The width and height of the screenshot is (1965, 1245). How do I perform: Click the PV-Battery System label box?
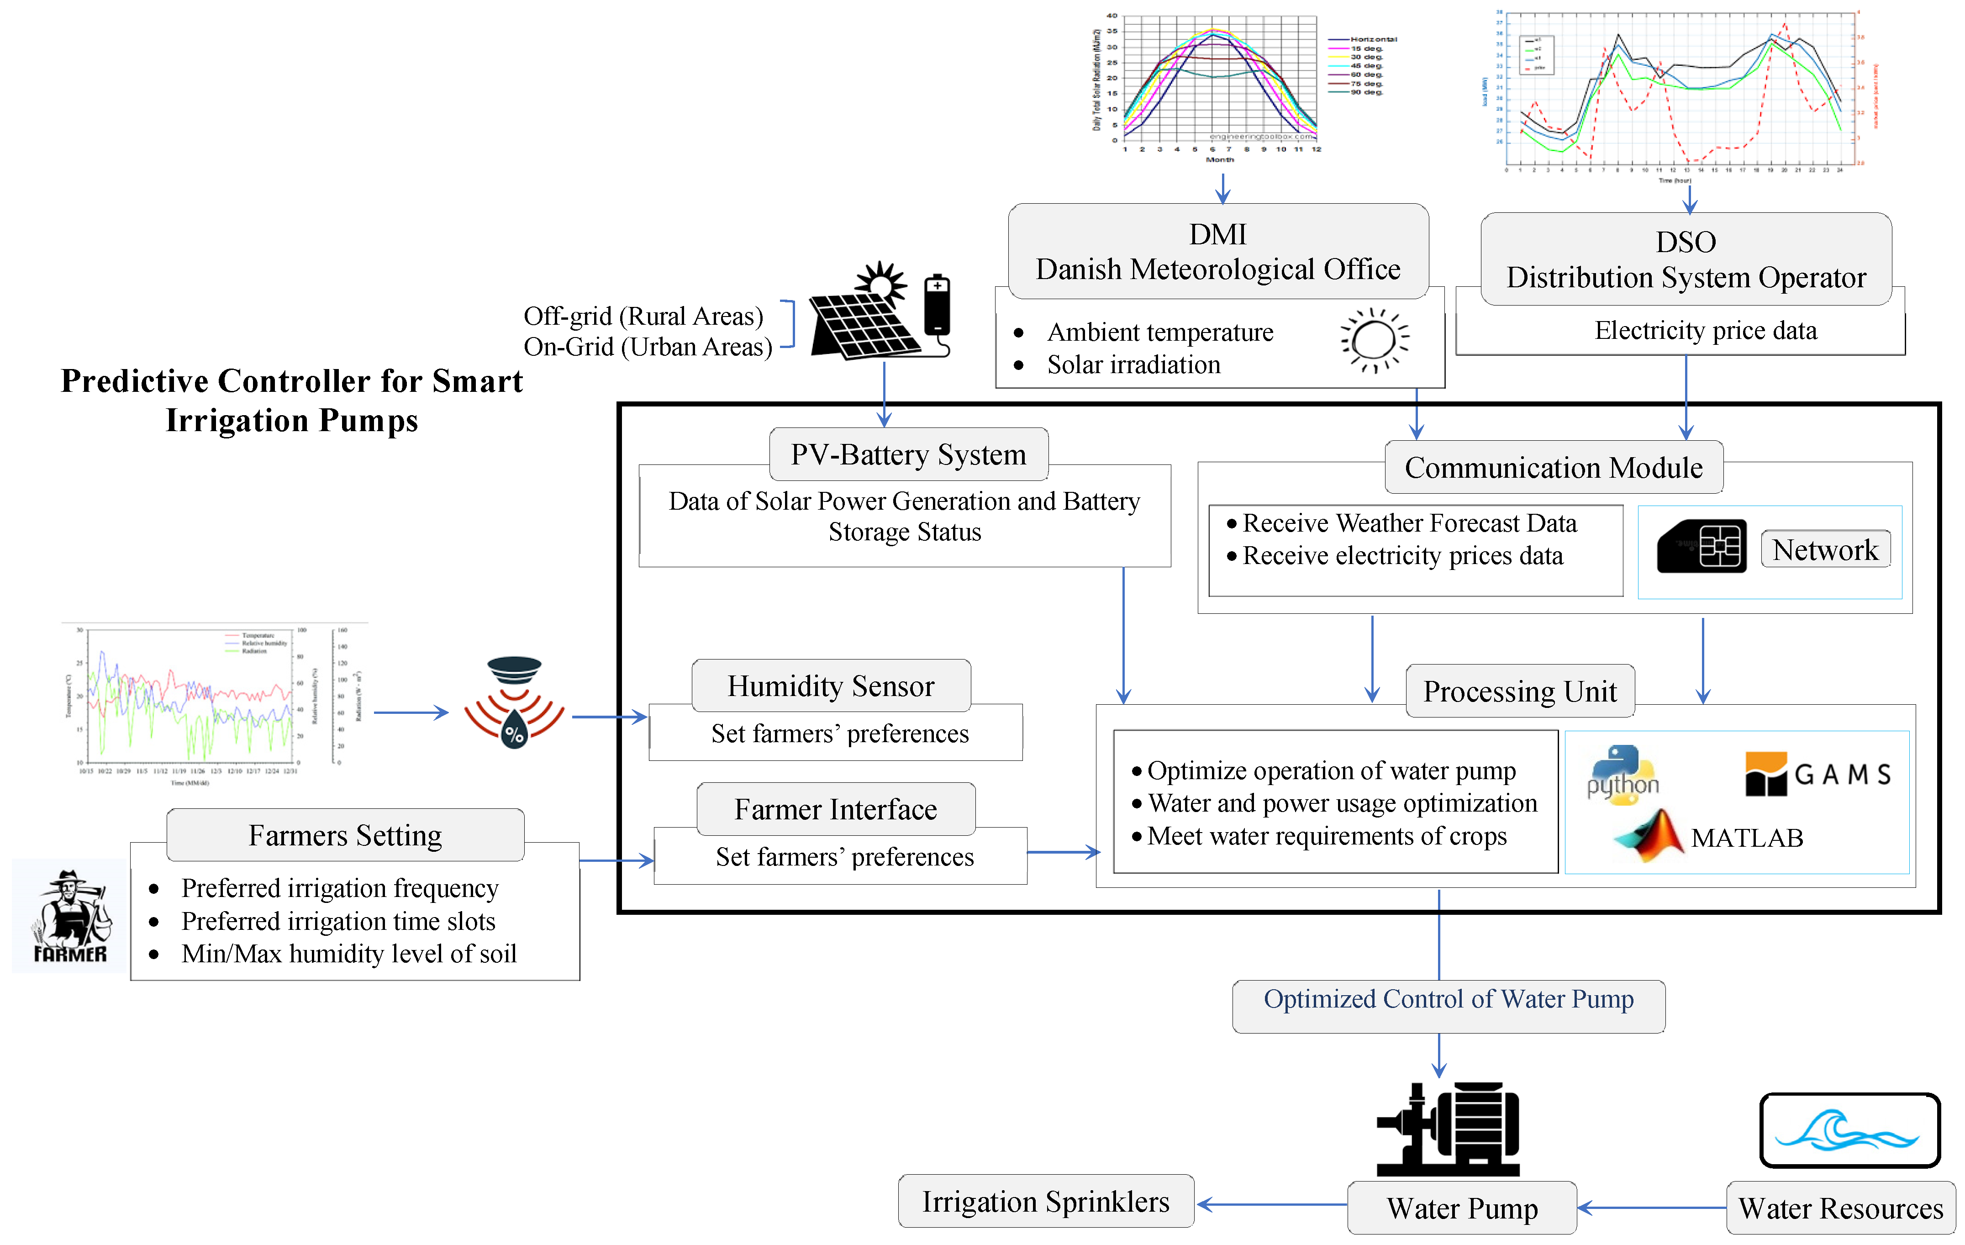click(x=908, y=454)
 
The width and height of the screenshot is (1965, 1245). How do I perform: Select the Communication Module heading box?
click(x=1553, y=467)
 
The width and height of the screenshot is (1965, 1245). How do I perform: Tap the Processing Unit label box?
click(x=1519, y=691)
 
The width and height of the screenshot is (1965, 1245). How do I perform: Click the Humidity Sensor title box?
click(x=831, y=686)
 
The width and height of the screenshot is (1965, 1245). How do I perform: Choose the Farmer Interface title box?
click(x=836, y=809)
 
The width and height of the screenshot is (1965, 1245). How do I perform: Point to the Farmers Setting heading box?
click(x=345, y=835)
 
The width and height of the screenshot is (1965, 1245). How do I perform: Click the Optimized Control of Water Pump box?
click(x=1449, y=1006)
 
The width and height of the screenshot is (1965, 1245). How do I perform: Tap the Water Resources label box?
click(x=1840, y=1208)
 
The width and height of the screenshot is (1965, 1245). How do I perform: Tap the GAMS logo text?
click(x=1842, y=774)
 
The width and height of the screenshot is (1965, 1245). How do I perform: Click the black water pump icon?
click(x=1449, y=1129)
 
